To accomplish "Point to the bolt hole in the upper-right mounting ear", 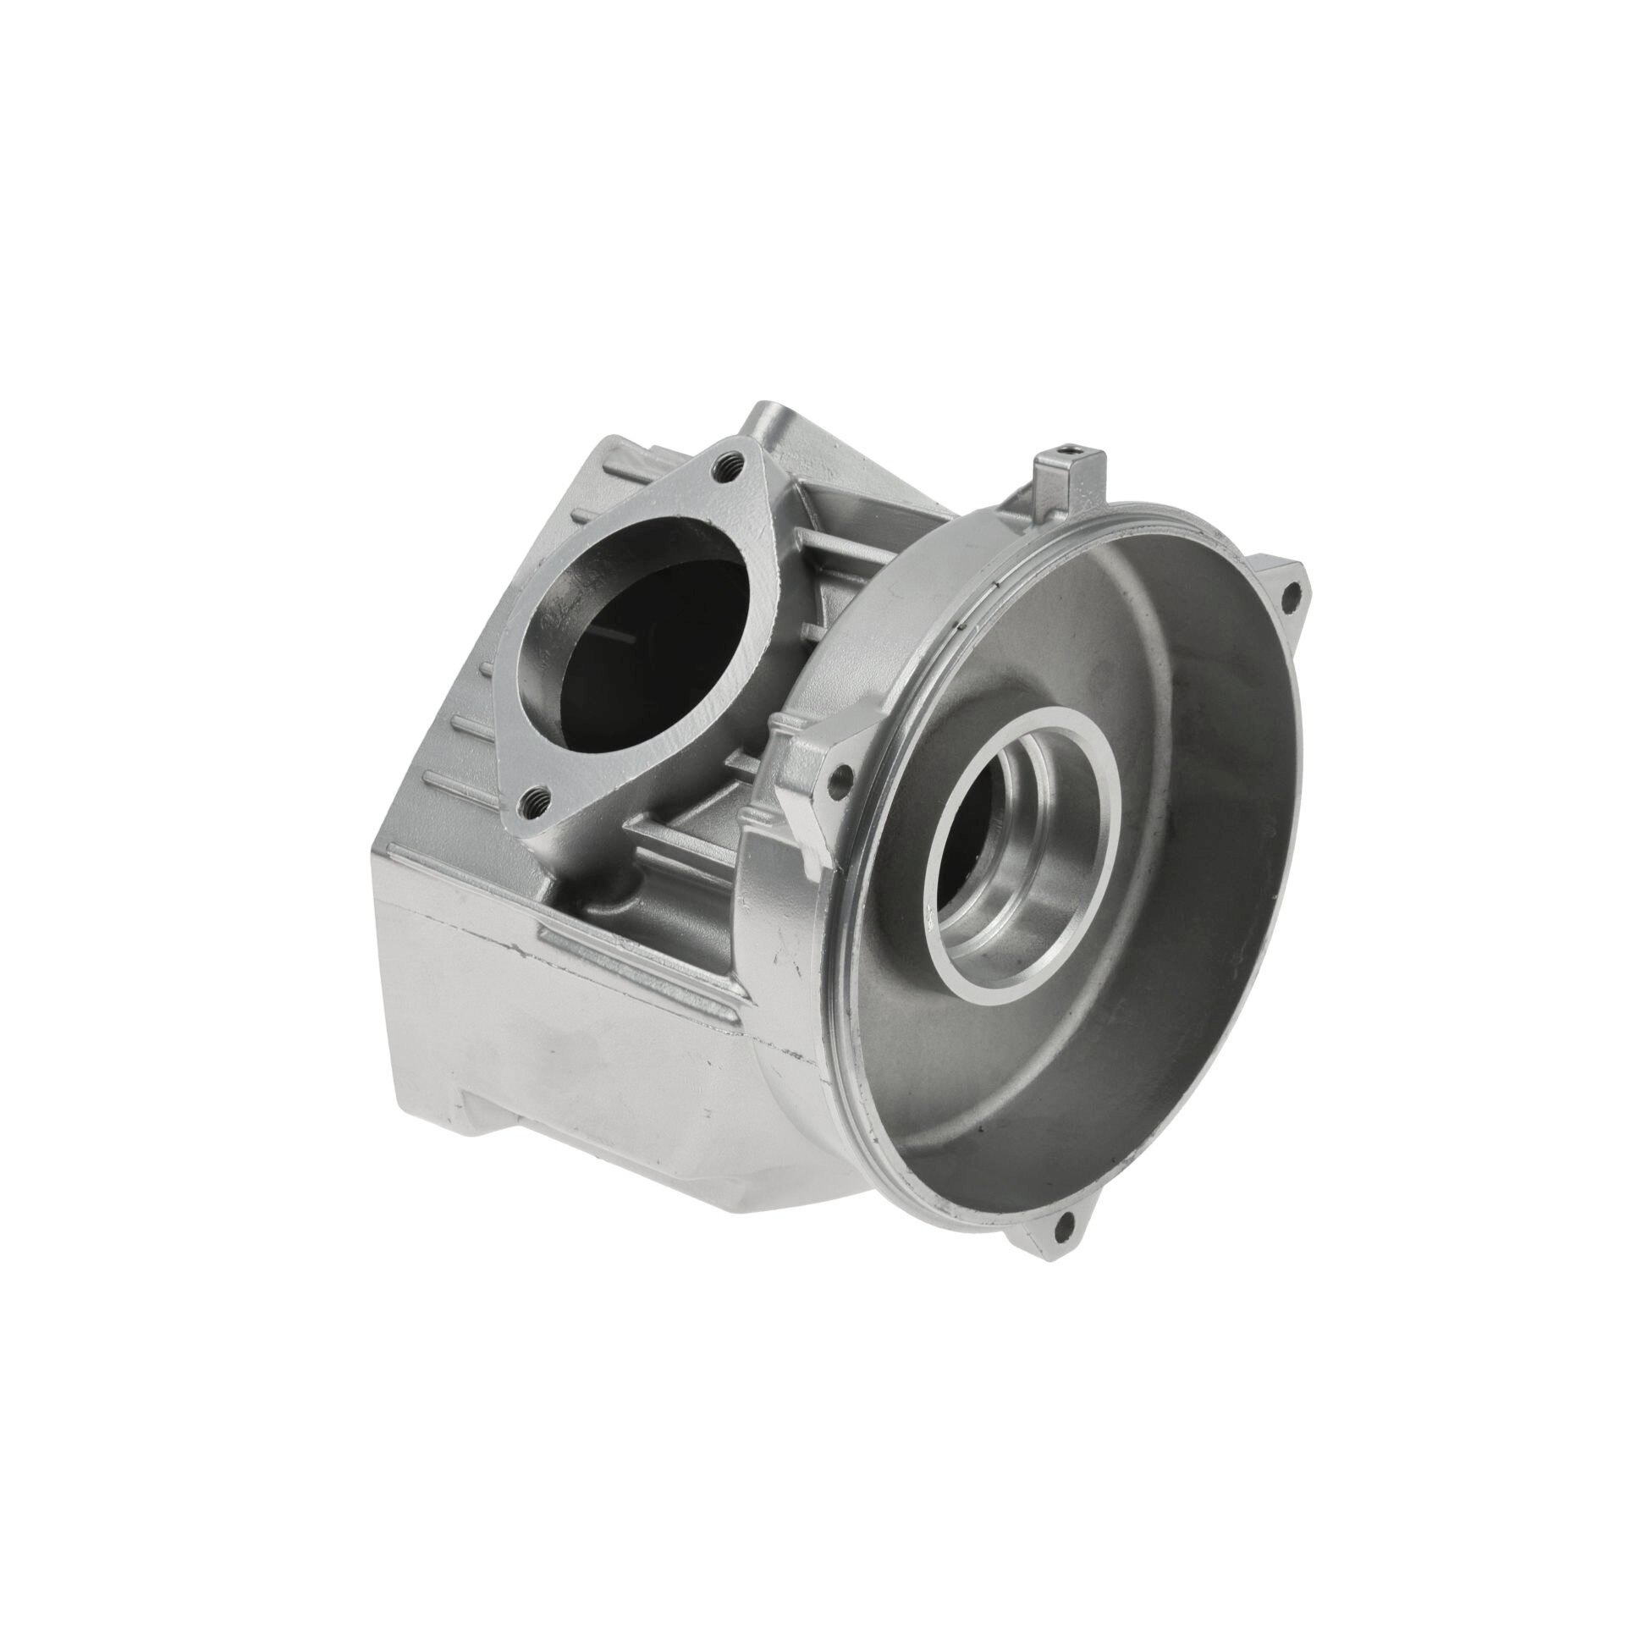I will pos(1289,598).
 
